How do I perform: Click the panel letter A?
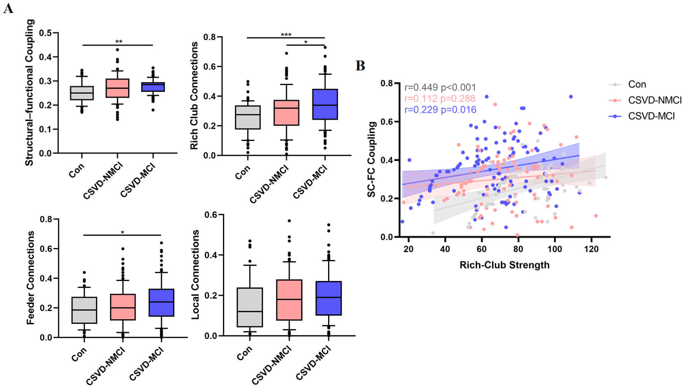point(8,8)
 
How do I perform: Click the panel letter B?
point(360,66)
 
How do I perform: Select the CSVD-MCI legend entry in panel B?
point(651,116)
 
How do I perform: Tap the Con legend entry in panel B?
point(637,84)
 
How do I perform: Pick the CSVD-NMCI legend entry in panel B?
point(654,100)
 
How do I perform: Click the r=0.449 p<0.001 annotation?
point(440,88)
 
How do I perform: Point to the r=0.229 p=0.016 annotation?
point(440,110)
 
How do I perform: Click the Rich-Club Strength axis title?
point(504,265)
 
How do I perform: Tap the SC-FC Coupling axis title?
point(372,159)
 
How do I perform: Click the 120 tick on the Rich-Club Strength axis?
point(591,249)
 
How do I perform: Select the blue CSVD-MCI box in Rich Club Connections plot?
point(325,104)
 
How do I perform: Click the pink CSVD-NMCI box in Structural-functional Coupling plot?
point(117,88)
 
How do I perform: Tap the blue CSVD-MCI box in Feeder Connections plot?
point(161,302)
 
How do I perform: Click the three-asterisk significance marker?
point(286,35)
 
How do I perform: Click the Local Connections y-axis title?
point(195,274)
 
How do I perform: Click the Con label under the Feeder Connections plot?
point(79,354)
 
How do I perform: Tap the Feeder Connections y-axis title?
point(30,278)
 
